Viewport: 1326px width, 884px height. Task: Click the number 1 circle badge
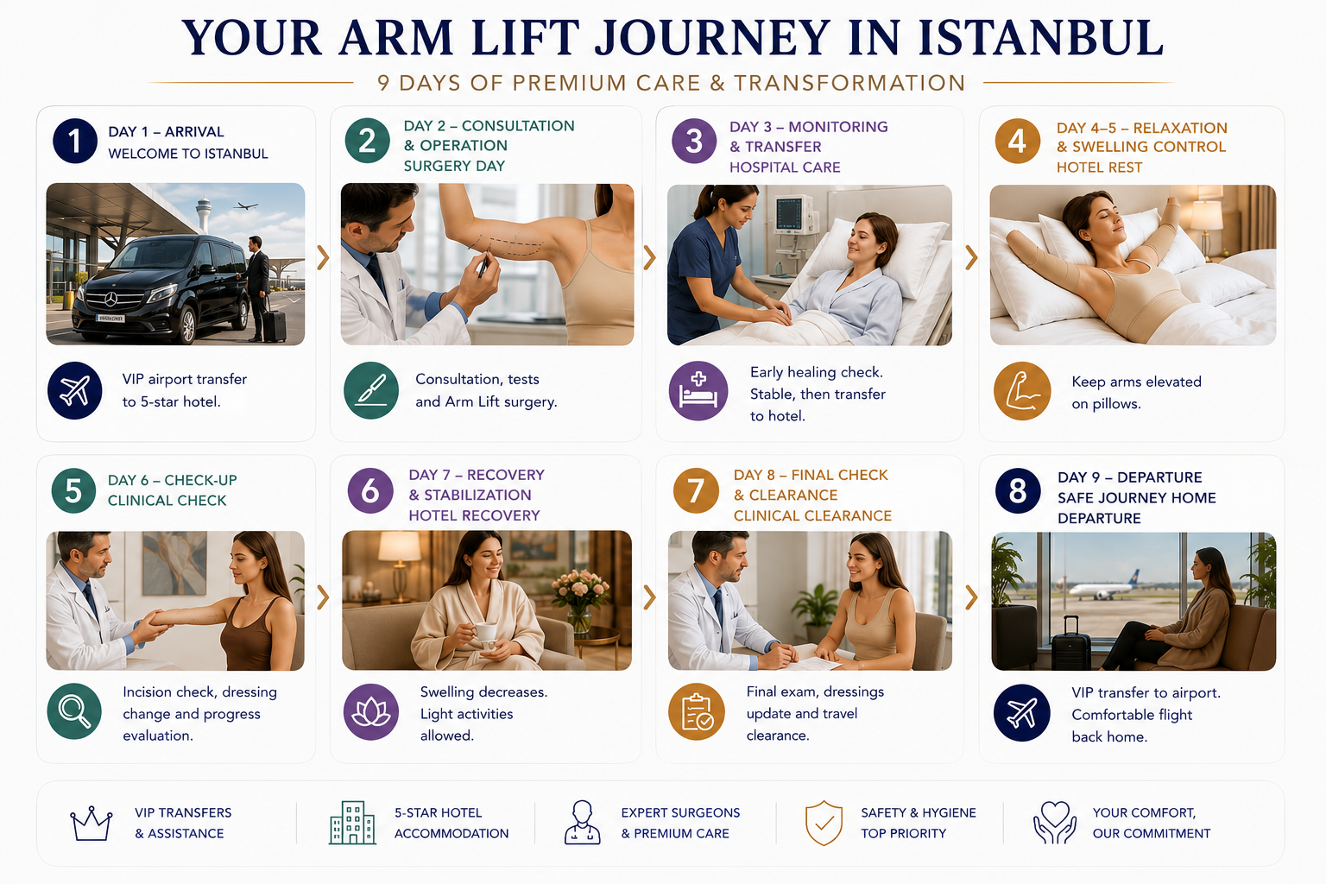(75, 141)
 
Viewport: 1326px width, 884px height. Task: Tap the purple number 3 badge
(694, 141)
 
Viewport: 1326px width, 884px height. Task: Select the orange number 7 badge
(696, 491)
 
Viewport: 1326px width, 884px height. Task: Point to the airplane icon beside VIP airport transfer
(75, 391)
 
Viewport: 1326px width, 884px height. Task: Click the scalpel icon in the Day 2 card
(371, 391)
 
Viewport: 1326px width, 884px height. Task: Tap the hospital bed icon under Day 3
(698, 391)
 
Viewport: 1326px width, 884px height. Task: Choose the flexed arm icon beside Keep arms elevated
(1022, 391)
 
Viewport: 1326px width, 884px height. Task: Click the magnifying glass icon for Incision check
(75, 711)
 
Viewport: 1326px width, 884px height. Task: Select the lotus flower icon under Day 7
(371, 711)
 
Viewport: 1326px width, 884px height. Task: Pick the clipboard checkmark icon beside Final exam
(697, 711)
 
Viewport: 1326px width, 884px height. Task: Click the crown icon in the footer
(92, 824)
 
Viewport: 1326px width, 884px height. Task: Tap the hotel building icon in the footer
(353, 823)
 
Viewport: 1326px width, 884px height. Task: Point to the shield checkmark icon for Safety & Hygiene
(824, 823)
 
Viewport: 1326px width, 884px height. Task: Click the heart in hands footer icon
(1054, 822)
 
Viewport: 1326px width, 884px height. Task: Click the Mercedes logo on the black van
(110, 300)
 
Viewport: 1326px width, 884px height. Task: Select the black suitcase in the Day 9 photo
(1070, 643)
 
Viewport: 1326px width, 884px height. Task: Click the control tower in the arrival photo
(204, 213)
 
